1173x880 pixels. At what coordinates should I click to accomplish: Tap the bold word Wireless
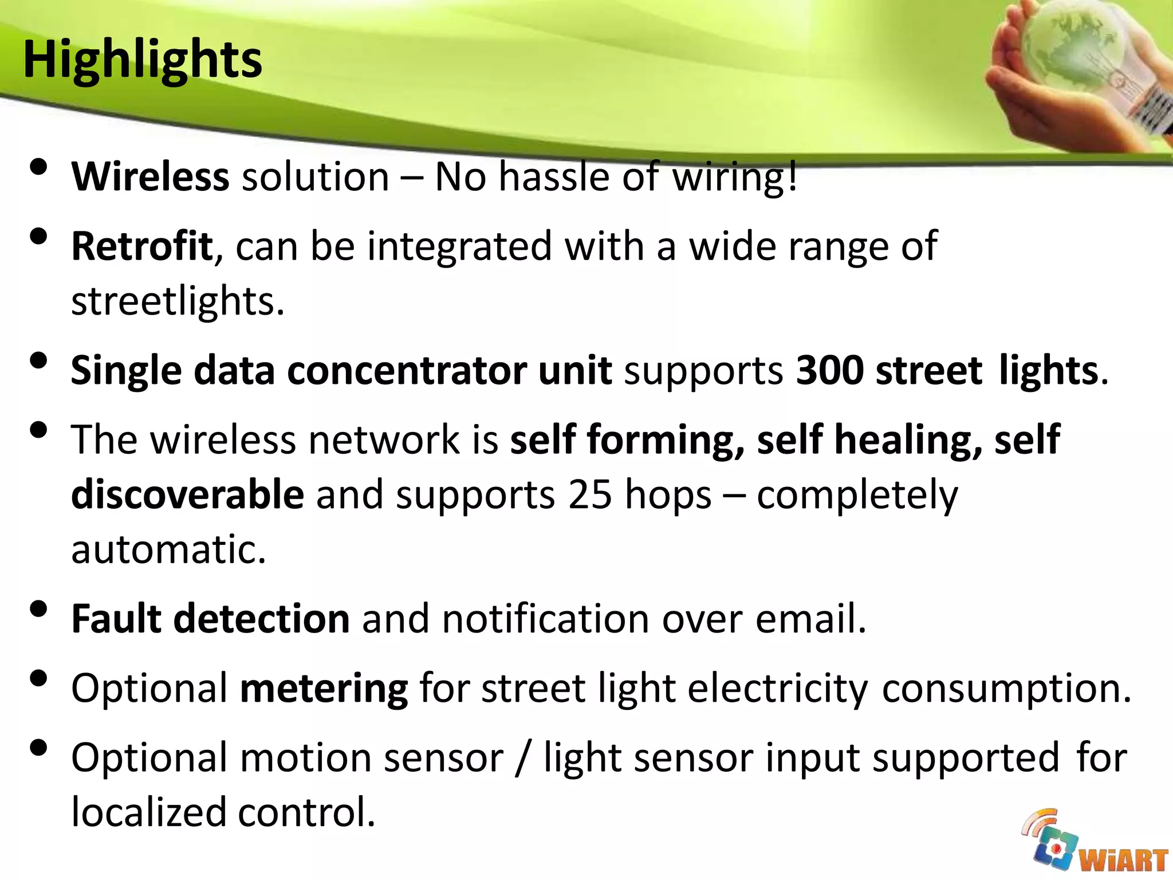[150, 176]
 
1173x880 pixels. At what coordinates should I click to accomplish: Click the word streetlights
[177, 301]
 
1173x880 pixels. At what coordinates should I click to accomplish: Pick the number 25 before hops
[591, 494]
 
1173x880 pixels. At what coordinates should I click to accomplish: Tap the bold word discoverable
[187, 494]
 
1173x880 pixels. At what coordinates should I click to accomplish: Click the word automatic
[168, 549]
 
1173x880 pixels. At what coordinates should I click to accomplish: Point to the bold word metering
[324, 688]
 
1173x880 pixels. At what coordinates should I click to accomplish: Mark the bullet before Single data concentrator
[38, 361]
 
